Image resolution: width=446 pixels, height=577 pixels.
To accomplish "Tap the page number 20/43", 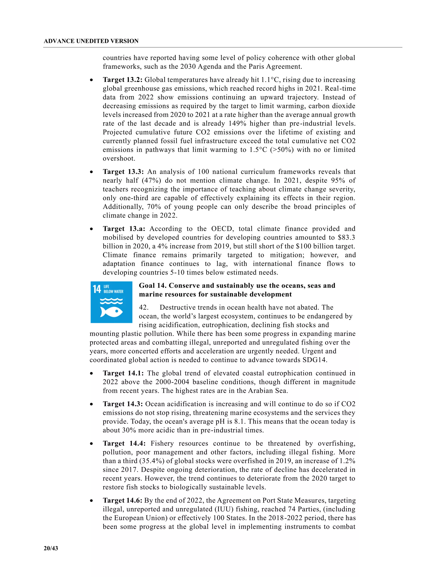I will click(51, 548).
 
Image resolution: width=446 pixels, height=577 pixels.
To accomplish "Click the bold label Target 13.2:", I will click(122, 80).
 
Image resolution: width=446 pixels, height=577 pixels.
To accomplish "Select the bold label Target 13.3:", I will click(123, 172).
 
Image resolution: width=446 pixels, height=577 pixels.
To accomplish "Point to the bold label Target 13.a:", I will click(124, 229).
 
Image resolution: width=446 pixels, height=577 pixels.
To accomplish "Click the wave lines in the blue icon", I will click(111, 301).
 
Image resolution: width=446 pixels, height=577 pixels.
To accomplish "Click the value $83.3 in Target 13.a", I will click(346, 238).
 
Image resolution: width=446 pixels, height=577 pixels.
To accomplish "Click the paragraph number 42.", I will click(144, 307).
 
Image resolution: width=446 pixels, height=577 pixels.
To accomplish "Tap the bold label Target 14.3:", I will click(123, 404).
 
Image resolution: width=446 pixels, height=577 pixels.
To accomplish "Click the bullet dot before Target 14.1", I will click(91, 374).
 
